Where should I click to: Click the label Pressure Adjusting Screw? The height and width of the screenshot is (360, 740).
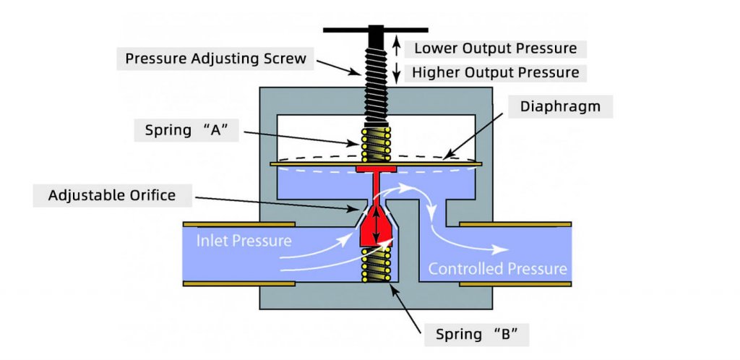215,59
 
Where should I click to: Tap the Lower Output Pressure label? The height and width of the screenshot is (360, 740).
495,48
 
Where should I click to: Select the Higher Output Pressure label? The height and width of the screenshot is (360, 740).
495,72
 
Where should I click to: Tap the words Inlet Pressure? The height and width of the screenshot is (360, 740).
244,240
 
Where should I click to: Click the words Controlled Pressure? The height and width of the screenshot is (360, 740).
497,269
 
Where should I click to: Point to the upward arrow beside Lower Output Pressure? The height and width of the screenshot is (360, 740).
396,48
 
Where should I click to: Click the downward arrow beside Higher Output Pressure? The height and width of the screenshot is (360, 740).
396,72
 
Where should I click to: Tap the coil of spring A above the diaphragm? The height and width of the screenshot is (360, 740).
375,145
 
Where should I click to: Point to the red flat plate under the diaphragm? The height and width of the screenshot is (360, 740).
374,169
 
